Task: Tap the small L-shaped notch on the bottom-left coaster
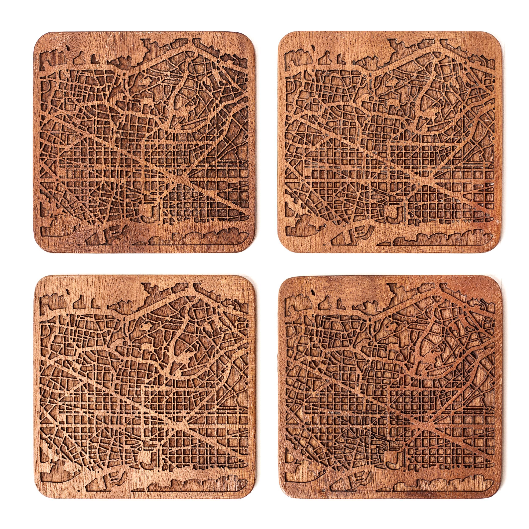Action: [x=94, y=302]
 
